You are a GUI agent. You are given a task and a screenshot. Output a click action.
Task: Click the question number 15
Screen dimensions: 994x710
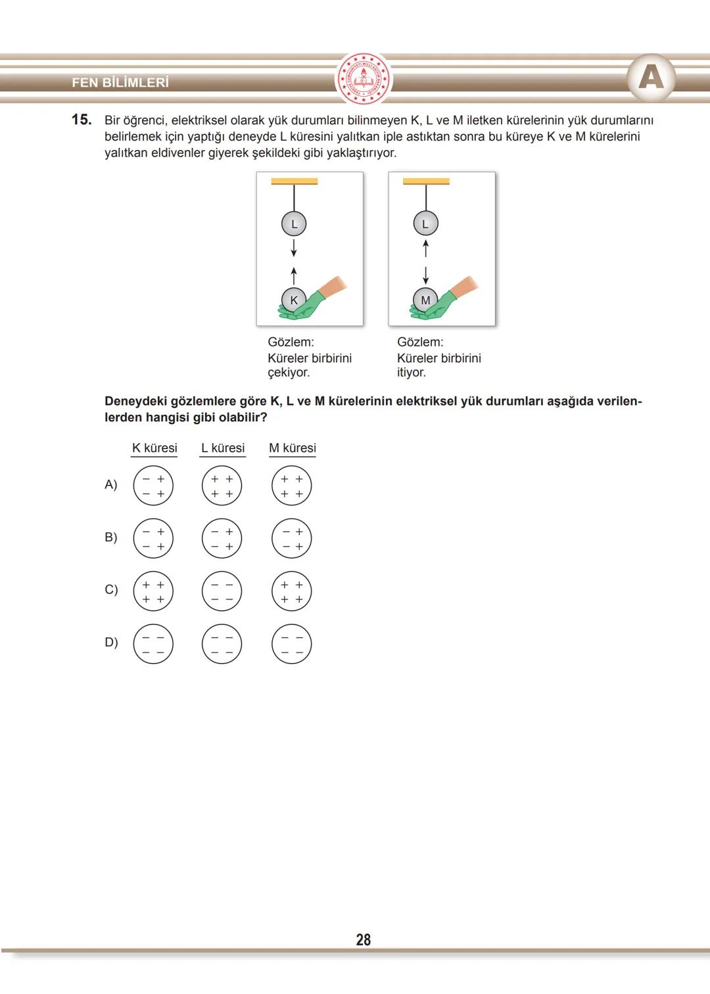click(82, 120)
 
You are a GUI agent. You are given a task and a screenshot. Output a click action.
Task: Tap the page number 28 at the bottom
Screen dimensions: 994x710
click(363, 939)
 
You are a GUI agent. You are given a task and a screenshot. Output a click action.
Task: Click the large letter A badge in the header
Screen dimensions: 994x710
click(651, 78)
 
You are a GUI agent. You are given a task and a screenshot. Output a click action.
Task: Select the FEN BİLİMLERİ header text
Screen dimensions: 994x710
click(120, 83)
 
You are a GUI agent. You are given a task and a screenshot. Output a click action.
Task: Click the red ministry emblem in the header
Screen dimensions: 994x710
click(363, 80)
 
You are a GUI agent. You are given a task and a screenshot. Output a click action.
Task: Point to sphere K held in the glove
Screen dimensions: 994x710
click(294, 300)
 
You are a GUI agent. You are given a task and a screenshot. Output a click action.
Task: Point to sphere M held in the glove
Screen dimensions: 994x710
click(425, 300)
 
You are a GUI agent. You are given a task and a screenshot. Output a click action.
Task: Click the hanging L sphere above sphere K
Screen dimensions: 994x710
click(294, 224)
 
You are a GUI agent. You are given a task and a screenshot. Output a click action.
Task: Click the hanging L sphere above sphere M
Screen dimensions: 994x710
click(425, 224)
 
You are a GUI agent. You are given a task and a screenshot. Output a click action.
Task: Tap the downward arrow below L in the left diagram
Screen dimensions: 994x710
click(294, 248)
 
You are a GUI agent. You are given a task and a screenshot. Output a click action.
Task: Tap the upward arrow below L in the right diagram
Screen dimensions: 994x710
click(425, 248)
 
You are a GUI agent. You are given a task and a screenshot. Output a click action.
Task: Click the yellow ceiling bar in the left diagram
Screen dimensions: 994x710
click(295, 181)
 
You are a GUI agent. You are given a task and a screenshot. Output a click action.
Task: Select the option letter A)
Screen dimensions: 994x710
click(110, 485)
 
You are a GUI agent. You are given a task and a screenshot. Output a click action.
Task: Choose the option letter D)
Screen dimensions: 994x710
click(111, 642)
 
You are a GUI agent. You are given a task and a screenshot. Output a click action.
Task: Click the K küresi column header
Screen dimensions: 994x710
click(154, 448)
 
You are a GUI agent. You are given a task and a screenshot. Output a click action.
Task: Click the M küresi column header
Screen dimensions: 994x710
click(293, 448)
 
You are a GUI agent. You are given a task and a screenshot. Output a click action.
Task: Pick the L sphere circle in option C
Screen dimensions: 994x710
click(222, 591)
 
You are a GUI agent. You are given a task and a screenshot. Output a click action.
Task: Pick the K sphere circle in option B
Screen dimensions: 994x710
click(153, 538)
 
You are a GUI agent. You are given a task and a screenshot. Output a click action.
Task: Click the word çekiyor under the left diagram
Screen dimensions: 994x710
click(289, 373)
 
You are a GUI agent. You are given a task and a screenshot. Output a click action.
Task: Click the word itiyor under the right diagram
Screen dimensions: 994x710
click(412, 373)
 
